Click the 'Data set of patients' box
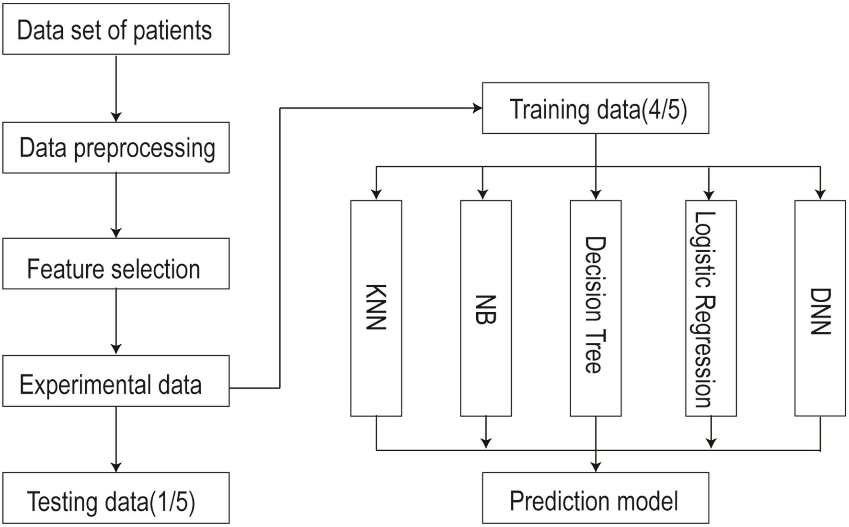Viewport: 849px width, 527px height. point(116,29)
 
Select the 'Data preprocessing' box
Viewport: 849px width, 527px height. point(116,148)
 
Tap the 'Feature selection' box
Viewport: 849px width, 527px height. point(116,264)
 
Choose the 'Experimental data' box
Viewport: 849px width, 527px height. point(116,381)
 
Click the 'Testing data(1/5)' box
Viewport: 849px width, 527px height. point(116,498)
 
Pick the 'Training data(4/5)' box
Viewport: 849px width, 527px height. point(596,108)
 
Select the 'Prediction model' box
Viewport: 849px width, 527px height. point(596,498)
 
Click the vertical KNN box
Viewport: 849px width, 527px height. point(376,308)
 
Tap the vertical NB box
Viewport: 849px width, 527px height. point(486,308)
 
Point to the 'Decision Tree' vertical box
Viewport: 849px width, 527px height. point(596,308)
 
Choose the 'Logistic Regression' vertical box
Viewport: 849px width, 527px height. point(711,308)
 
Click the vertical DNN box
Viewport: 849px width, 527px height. point(820,308)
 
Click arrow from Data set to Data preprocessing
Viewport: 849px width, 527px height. point(116,89)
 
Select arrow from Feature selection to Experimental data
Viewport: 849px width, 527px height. point(116,321)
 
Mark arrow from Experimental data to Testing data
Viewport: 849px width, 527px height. point(116,439)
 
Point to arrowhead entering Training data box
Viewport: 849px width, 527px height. point(477,108)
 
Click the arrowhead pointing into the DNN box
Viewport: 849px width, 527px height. point(820,194)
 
